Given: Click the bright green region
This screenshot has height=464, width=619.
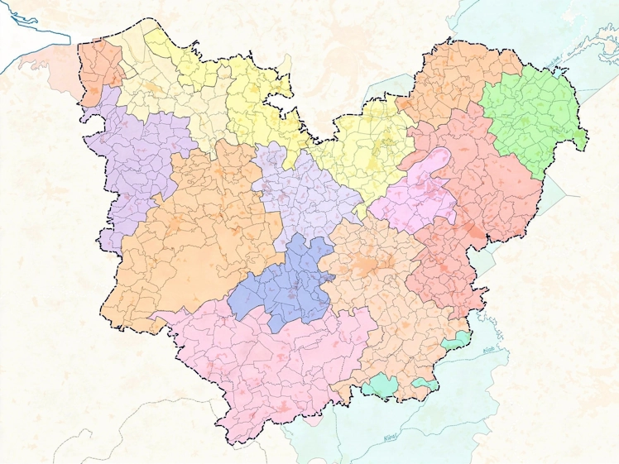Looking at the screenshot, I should click(x=530, y=116).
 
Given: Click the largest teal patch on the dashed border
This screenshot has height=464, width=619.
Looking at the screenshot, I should click(x=381, y=385).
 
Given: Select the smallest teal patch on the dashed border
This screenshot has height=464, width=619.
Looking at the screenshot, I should click(x=426, y=383).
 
